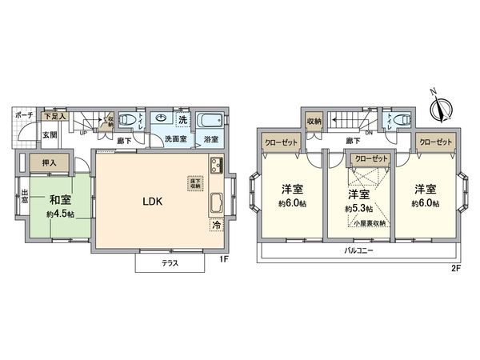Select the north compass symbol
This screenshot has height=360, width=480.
click(439, 107)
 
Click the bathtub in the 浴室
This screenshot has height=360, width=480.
click(209, 122)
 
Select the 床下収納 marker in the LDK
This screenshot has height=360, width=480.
click(194, 182)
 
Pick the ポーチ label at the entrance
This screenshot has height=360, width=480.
click(22, 115)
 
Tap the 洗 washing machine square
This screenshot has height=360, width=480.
click(182, 120)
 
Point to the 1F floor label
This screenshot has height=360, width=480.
click(225, 261)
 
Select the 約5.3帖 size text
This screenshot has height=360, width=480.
click(357, 209)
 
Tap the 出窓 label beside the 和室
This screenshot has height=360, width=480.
click(25, 197)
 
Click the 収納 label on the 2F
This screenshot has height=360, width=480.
click(314, 121)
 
